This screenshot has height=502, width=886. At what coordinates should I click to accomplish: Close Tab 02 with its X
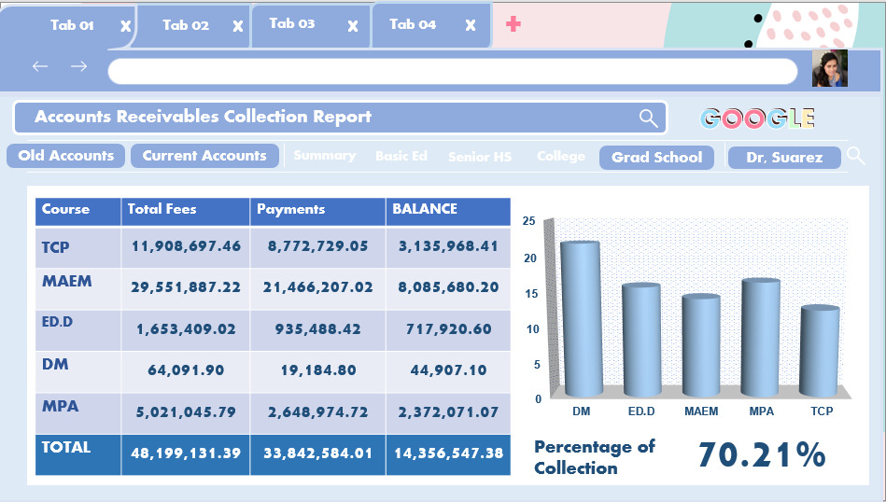click(x=238, y=26)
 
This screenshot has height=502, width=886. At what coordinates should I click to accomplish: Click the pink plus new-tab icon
click(x=513, y=24)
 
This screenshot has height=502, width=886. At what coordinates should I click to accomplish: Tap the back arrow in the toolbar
click(x=39, y=66)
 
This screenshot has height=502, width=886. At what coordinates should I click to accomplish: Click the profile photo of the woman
click(x=829, y=69)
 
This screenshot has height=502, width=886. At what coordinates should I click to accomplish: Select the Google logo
click(x=758, y=119)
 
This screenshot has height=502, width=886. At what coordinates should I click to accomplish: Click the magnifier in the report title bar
click(x=648, y=118)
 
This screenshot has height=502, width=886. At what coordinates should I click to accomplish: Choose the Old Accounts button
click(x=66, y=156)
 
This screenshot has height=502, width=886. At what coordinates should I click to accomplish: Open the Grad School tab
click(x=656, y=158)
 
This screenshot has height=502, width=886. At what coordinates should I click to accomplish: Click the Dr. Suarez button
click(x=784, y=158)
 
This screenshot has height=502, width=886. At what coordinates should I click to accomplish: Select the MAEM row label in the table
click(x=67, y=281)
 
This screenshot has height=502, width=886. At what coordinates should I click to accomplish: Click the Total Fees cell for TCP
click(x=186, y=247)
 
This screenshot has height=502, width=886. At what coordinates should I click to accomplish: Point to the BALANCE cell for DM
click(x=448, y=370)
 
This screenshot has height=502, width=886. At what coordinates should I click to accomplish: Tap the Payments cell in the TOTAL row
click(x=317, y=453)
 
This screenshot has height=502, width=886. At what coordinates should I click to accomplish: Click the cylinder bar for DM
click(x=581, y=317)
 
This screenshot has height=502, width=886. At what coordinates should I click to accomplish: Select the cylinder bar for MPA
click(x=761, y=336)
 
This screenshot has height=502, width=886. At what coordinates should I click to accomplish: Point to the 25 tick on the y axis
click(x=529, y=221)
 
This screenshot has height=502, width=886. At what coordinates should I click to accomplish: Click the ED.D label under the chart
click(x=640, y=411)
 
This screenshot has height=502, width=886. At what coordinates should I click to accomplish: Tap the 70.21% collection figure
click(x=761, y=455)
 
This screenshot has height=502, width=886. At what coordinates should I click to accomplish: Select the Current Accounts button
click(x=204, y=156)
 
